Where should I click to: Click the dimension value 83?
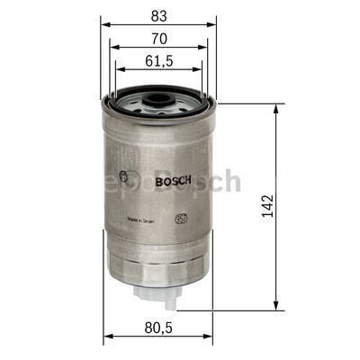point(158,15)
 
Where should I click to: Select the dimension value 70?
point(158,40)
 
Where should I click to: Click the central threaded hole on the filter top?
point(158,93)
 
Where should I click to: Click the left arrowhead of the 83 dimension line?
point(103,25)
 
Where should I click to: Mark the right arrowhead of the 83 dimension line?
point(214,25)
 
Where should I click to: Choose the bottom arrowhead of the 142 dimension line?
point(274,305)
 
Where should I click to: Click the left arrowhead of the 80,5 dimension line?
point(106,337)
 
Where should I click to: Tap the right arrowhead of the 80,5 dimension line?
point(211,337)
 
